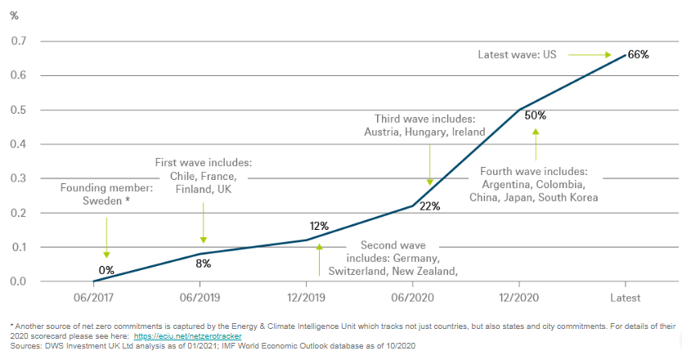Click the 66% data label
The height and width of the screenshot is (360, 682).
tap(638, 55)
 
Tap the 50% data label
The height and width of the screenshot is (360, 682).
tap(536, 115)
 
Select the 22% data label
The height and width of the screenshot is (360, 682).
tap(429, 206)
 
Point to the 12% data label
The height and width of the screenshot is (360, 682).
tap(319, 226)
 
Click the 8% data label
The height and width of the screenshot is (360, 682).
tap(203, 263)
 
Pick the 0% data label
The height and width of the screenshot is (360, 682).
tap(106, 269)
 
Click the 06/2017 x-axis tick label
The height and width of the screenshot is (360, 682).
tap(93, 298)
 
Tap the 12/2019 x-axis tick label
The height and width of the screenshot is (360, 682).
tap(304, 298)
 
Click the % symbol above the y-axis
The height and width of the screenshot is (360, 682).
tap(14, 15)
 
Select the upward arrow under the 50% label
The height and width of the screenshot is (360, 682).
tap(536, 143)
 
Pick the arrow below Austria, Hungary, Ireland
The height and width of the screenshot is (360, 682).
tap(429, 164)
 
